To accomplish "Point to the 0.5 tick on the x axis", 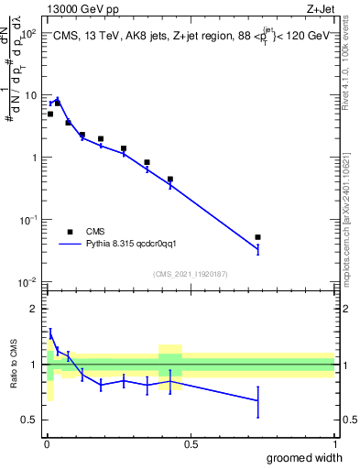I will tap(190, 442).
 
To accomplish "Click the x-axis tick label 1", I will tap(334, 442).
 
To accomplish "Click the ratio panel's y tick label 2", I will tap(36, 309).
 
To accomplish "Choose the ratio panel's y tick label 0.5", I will tap(32, 420).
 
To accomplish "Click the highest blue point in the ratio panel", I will tap(50, 333).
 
